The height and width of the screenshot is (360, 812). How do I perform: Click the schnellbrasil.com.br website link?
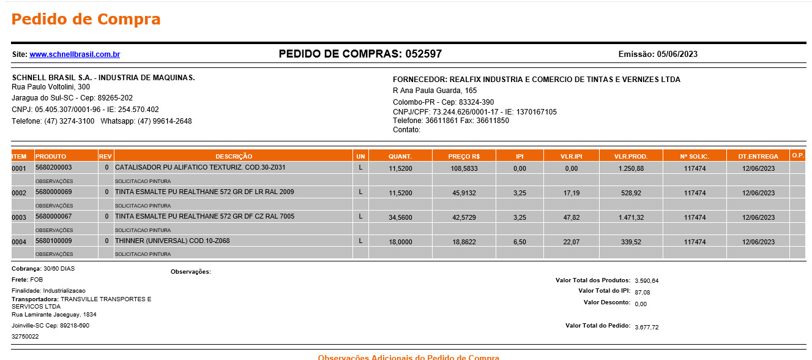75,54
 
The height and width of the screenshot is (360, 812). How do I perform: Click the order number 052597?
423,54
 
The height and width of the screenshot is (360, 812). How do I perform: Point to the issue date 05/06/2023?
677,54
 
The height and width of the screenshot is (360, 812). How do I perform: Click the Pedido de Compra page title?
86,19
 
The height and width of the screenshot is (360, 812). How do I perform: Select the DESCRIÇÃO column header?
233,156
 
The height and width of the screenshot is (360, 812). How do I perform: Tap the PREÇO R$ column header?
464,156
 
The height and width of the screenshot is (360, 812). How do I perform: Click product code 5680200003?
54,167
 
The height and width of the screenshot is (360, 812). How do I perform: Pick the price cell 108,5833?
464,168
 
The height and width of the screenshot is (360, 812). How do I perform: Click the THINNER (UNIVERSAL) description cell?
172,241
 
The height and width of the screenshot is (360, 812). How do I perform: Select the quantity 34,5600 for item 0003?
400,217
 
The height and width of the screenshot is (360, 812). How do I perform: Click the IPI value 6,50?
520,242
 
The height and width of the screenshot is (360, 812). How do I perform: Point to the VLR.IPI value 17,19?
571,193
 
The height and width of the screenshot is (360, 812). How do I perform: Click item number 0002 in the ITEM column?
19,193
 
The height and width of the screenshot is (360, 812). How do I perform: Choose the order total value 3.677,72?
647,328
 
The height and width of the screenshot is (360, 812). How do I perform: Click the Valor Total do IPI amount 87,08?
643,293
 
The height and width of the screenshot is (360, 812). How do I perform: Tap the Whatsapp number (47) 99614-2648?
165,121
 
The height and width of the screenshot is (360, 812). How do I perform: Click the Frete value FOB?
37,279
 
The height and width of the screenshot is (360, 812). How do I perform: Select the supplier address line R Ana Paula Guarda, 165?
434,91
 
